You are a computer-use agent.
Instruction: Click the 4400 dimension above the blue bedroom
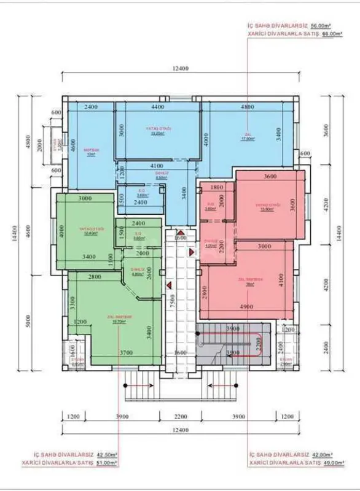click(x=157, y=107)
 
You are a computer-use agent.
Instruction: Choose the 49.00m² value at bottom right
click(x=331, y=463)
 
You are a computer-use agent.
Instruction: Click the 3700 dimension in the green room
click(x=127, y=353)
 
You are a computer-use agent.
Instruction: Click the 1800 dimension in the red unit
click(x=216, y=187)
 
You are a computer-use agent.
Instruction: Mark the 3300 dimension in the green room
click(x=72, y=302)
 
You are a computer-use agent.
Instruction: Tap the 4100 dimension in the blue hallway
click(x=157, y=166)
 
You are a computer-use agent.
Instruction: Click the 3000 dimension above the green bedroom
click(x=84, y=199)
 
